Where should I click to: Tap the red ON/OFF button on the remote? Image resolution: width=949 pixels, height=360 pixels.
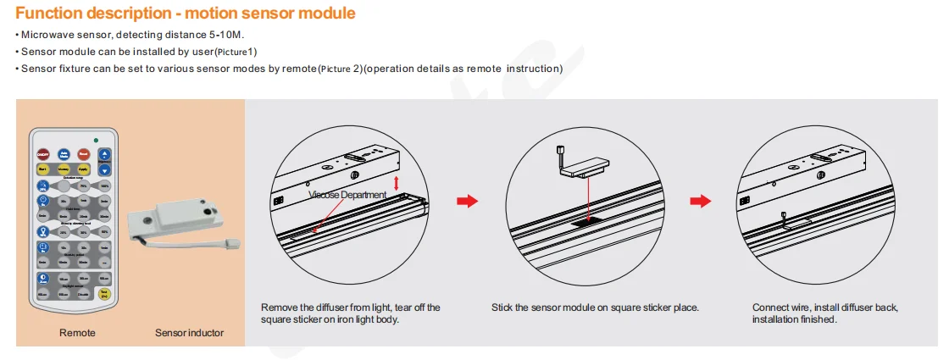click(x=42, y=154)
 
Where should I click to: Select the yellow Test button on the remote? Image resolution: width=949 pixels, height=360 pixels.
click(x=104, y=295)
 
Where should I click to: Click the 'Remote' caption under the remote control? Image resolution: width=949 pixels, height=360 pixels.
click(x=77, y=333)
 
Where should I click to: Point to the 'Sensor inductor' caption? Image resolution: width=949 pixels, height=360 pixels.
click(x=189, y=333)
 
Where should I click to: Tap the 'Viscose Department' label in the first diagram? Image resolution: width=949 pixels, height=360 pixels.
click(x=347, y=195)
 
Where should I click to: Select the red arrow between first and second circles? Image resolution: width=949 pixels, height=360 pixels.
click(x=467, y=201)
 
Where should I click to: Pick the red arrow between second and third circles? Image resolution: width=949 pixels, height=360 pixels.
click(x=700, y=201)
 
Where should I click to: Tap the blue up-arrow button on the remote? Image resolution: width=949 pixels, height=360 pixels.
click(x=104, y=154)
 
